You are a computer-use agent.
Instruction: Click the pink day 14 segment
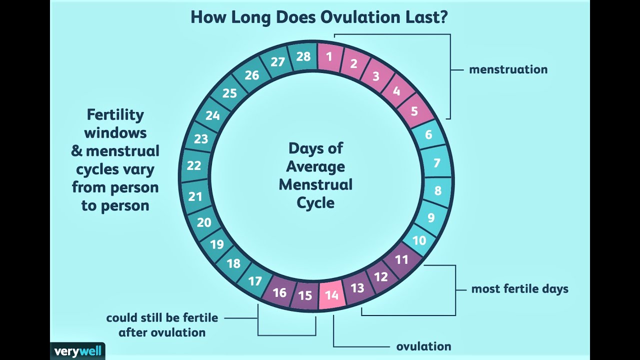pyautogui.click(x=332, y=295)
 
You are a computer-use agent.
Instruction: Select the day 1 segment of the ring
pyautogui.click(x=329, y=56)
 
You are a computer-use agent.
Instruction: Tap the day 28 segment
pyautogui.click(x=303, y=56)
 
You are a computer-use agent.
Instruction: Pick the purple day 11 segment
pyautogui.click(x=401, y=259)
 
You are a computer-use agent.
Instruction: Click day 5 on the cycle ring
pyautogui.click(x=414, y=110)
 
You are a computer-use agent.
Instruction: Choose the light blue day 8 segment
pyautogui.click(x=438, y=190)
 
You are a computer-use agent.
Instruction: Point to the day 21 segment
pyautogui.click(x=195, y=196)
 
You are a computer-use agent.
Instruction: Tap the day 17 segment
pyautogui.click(x=255, y=281)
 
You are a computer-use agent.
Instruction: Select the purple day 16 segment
pyautogui.click(x=279, y=292)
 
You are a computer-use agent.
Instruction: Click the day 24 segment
pyautogui.click(x=212, y=115)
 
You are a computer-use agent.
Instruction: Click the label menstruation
pyautogui.click(x=508, y=69)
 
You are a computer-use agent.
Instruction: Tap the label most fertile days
pyautogui.click(x=519, y=289)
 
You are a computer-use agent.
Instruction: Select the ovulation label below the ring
pyautogui.click(x=423, y=346)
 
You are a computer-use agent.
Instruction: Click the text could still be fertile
pyautogui.click(x=162, y=317)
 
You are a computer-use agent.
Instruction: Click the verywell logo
pyautogui.click(x=77, y=350)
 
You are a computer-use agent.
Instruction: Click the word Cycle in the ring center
pyautogui.click(x=315, y=202)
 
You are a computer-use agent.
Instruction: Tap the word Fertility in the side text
pyautogui.click(x=115, y=114)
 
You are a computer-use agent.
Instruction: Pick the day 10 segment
pyautogui.click(x=419, y=240)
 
